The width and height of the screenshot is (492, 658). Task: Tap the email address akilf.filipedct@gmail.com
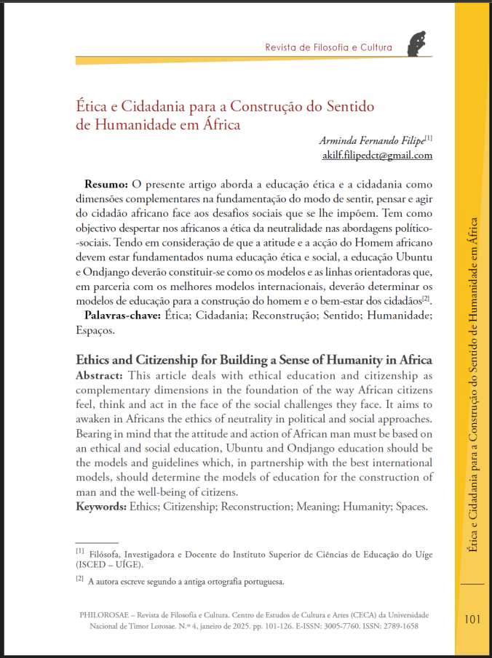377,155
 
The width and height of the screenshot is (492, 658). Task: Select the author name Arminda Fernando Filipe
372,140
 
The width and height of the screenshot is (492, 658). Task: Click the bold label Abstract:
101,375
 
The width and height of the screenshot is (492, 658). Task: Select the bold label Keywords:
102,506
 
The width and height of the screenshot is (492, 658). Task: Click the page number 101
472,619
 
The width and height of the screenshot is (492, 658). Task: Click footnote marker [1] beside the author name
429,137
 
